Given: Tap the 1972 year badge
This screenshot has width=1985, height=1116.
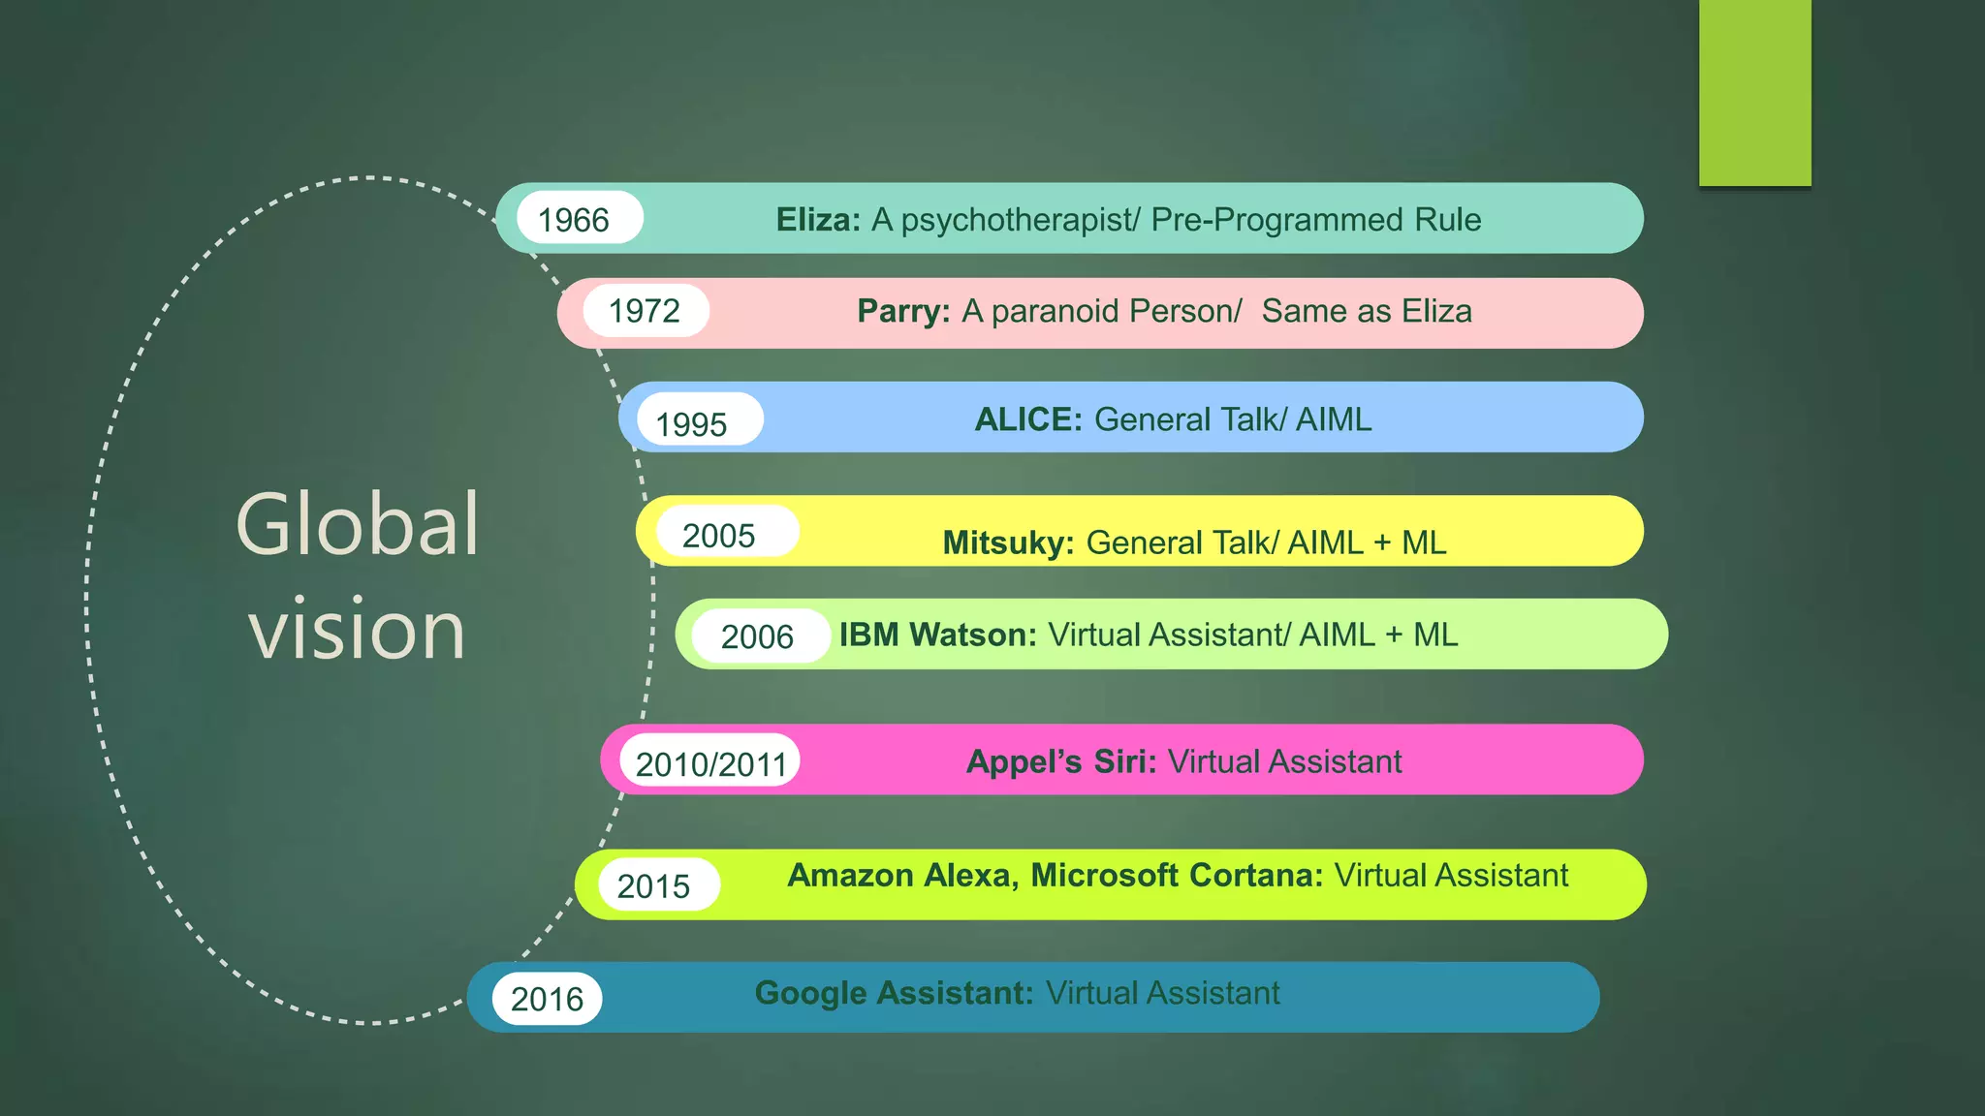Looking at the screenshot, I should tap(646, 311).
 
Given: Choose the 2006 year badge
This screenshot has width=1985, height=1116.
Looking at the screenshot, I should tap(760, 636).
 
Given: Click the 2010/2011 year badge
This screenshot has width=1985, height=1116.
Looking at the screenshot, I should tap(709, 762).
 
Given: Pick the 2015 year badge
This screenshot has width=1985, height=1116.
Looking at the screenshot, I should tap(656, 884).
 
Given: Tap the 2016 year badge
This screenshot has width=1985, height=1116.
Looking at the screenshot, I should tap(547, 999).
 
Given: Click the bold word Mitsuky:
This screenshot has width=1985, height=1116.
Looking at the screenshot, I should tap(1008, 542).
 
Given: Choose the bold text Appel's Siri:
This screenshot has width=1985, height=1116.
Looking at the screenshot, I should tap(1061, 761).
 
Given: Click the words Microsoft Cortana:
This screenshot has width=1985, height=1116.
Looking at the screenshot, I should tap(1177, 875).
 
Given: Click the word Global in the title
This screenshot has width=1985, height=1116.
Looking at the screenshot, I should tap(357, 524).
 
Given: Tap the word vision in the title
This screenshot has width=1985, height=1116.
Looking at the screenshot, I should tap(357, 630).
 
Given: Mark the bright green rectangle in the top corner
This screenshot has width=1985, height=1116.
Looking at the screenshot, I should tap(1754, 92).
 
